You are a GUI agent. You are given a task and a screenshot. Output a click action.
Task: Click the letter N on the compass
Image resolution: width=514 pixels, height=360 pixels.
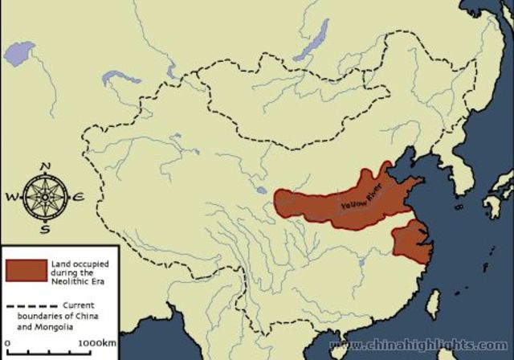45,166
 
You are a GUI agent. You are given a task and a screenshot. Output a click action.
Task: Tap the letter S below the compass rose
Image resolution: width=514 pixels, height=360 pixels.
45,228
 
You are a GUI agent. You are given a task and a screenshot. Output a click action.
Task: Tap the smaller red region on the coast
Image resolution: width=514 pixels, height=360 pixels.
410,240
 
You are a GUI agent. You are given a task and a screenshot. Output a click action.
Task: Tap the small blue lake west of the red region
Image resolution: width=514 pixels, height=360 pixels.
262,191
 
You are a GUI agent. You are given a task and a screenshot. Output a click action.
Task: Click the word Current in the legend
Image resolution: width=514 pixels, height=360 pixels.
79,305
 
